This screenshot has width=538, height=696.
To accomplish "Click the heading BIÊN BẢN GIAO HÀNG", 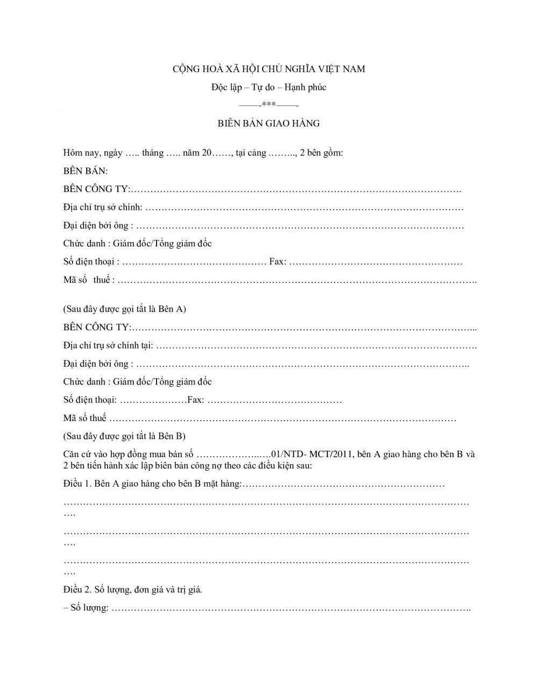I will pos(268,123).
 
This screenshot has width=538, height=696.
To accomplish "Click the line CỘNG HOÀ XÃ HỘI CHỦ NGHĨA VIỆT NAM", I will pos(268,69).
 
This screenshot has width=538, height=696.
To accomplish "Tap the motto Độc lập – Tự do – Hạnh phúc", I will pos(268,87).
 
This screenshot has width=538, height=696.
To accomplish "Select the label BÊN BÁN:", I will pos(86,171).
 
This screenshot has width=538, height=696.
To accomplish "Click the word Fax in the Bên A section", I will pos(277,262).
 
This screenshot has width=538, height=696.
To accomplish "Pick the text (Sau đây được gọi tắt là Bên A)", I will pos(125,309).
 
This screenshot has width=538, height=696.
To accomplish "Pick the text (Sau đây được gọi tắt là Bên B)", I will pos(124,436).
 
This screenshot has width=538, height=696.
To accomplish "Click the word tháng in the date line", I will pos(153,153).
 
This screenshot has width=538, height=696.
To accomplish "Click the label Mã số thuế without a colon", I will pos(85,418).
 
